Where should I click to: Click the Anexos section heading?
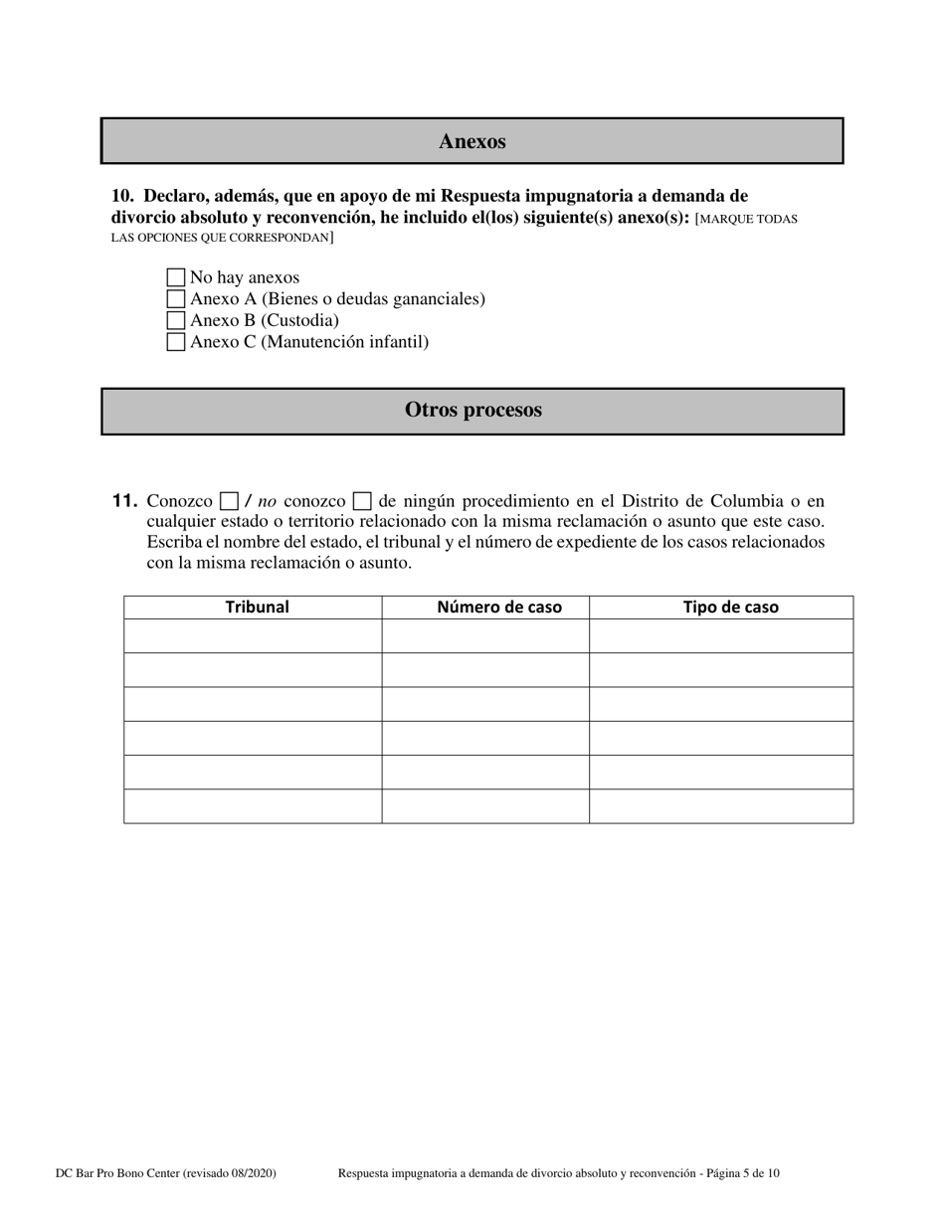click(472, 141)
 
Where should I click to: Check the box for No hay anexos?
click(176, 277)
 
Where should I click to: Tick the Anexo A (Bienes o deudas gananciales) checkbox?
click(176, 298)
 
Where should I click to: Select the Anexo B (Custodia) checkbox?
click(176, 320)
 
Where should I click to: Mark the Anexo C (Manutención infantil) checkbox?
click(176, 342)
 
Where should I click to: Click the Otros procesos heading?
click(472, 411)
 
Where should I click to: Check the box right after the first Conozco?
click(229, 501)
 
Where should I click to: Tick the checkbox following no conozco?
click(363, 501)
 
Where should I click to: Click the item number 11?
click(124, 501)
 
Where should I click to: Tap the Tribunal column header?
click(257, 608)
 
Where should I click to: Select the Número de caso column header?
click(499, 608)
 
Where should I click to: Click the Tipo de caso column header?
click(730, 608)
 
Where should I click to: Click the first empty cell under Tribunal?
click(253, 636)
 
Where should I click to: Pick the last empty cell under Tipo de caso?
click(720, 805)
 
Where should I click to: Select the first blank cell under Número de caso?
click(485, 636)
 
